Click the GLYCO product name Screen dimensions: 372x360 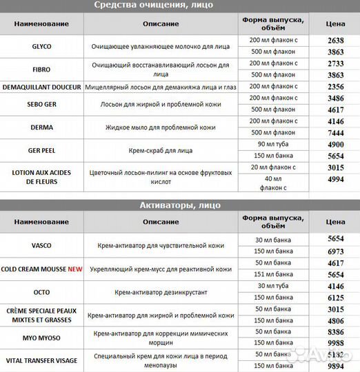pos(41,47)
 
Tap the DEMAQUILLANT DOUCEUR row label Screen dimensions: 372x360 pos(41,87)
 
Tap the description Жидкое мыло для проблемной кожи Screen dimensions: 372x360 pos(160,127)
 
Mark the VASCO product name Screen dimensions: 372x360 pos(41,245)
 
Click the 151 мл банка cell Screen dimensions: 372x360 pos(274,274)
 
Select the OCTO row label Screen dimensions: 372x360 pos(41,291)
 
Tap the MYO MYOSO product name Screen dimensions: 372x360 pos(41,337)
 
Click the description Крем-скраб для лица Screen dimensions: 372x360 pos(160,149)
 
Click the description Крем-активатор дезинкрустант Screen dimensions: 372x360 pos(160,291)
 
